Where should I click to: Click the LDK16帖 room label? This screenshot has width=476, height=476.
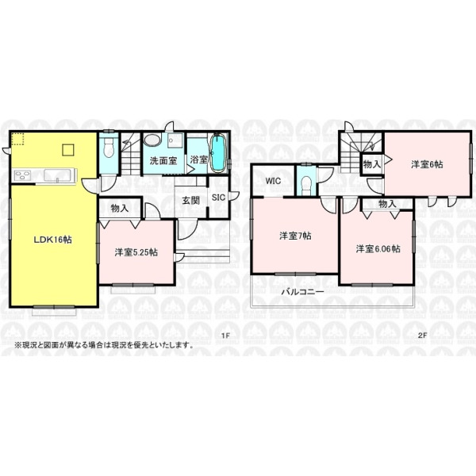click(52, 240)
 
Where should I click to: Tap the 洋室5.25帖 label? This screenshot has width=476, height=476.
click(136, 252)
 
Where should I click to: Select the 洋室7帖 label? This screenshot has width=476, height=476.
click(295, 236)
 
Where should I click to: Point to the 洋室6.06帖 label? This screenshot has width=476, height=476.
click(378, 249)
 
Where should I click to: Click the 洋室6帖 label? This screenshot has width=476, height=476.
click(427, 164)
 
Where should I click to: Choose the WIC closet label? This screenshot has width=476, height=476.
click(273, 181)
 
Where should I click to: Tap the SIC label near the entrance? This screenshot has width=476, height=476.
click(218, 198)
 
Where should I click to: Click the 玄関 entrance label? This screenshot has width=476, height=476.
click(190, 201)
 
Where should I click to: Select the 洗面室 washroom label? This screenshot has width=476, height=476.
click(163, 160)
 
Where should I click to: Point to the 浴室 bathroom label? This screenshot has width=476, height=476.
click(199, 159)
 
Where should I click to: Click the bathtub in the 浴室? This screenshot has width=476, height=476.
click(218, 153)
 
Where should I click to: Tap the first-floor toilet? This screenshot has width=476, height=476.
click(108, 148)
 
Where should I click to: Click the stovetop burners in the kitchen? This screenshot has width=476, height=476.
click(23, 175)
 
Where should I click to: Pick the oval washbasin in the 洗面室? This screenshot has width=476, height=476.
click(153, 140)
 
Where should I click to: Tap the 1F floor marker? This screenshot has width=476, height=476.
click(225, 336)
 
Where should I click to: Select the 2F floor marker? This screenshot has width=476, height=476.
click(423, 336)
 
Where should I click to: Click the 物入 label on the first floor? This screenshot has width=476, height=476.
click(120, 209)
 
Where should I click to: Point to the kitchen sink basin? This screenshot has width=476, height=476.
click(57, 175)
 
